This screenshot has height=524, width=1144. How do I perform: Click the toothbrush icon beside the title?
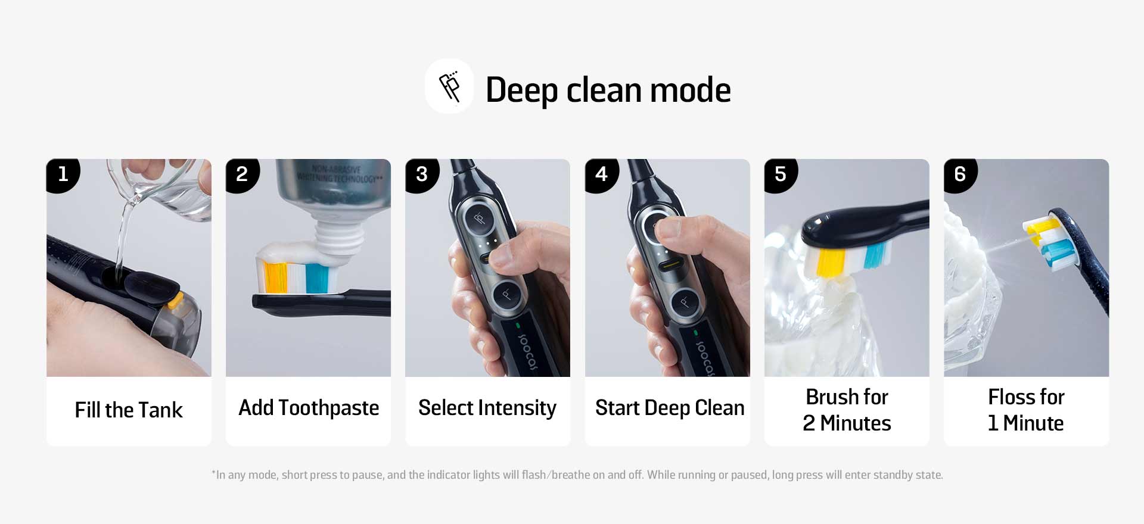pos(449,86)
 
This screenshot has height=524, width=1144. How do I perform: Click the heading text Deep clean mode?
pos(608,90)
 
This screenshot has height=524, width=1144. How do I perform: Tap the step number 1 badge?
pos(63,175)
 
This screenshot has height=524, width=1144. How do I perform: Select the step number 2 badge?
pos(242,175)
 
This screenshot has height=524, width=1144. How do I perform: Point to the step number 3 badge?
pos(422,175)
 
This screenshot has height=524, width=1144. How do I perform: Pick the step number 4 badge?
pos(602,175)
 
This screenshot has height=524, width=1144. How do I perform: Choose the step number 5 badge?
pos(781,175)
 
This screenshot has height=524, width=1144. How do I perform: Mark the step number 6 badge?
pos(960,175)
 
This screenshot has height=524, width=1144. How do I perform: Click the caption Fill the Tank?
pos(129,410)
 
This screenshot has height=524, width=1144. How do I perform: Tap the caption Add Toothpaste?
pos(309,408)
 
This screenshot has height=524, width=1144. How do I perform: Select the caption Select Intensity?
pos(487,408)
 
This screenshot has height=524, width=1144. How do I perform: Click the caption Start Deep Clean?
pos(670,408)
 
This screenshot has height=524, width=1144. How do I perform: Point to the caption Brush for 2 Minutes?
pos(847,410)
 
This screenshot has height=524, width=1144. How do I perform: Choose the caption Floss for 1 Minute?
pos(1026,410)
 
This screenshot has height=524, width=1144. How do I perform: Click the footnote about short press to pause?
pos(577,475)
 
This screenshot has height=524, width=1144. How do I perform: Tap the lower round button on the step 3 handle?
pos(507,294)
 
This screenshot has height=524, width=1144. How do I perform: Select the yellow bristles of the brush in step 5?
pos(830,262)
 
